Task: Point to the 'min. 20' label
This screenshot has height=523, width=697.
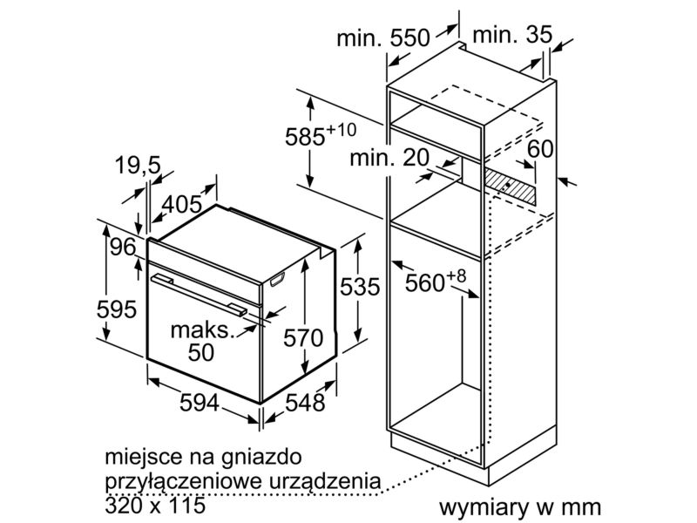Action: pos(391,158)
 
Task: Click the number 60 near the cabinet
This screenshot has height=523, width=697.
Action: pos(540,149)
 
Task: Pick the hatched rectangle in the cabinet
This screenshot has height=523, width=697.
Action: pos(511,184)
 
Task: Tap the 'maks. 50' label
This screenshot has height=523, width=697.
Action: pos(202,342)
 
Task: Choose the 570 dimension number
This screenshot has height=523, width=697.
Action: pos(303,338)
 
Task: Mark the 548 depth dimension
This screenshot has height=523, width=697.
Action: pos(304,403)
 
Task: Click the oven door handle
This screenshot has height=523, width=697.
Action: pos(197,292)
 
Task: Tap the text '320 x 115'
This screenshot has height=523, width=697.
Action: pos(153,504)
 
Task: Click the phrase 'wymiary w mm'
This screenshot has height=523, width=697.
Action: pos(520,506)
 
